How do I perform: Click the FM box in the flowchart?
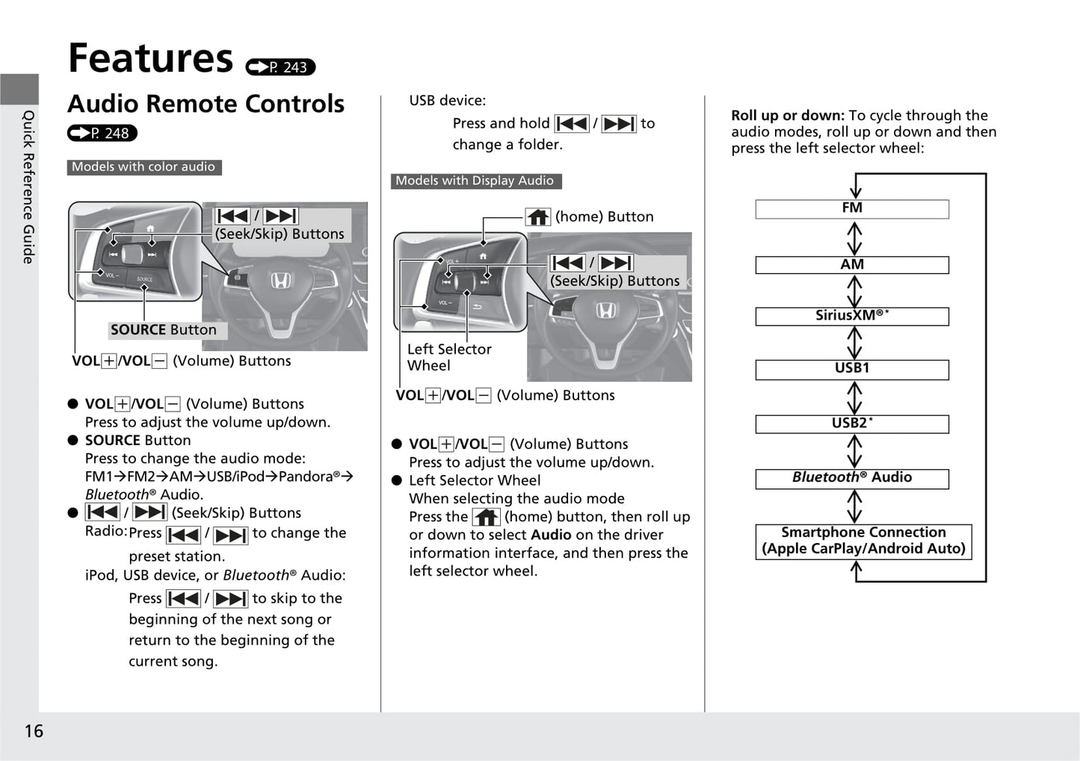point(851,208)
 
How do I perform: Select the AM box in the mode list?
point(851,265)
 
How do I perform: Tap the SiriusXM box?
point(851,316)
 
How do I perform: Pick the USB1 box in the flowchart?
point(851,369)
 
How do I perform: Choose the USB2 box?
point(851,423)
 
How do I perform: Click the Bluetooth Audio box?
point(851,478)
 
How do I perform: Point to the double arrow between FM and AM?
point(854,239)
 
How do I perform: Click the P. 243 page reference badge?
point(280,67)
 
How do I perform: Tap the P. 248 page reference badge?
point(102,133)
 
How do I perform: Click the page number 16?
point(34,730)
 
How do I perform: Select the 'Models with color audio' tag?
point(144,167)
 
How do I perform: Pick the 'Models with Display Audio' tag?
point(475,181)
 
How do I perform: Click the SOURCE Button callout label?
point(164,330)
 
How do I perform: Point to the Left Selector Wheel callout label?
point(448,357)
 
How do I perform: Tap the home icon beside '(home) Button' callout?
point(538,217)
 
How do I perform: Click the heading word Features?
point(150,58)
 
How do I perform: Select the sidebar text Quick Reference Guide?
point(28,187)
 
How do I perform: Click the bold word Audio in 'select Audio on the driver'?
point(552,535)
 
